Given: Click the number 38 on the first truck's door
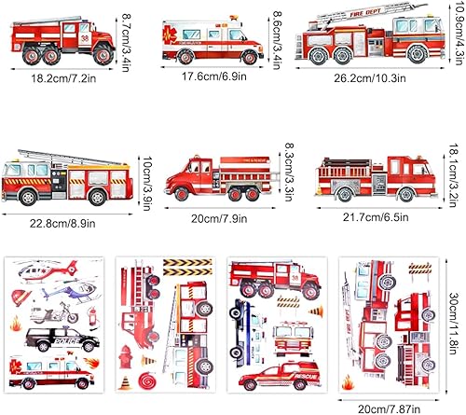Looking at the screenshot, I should pos(86,38).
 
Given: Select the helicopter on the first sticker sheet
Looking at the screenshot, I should pos(42,271).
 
